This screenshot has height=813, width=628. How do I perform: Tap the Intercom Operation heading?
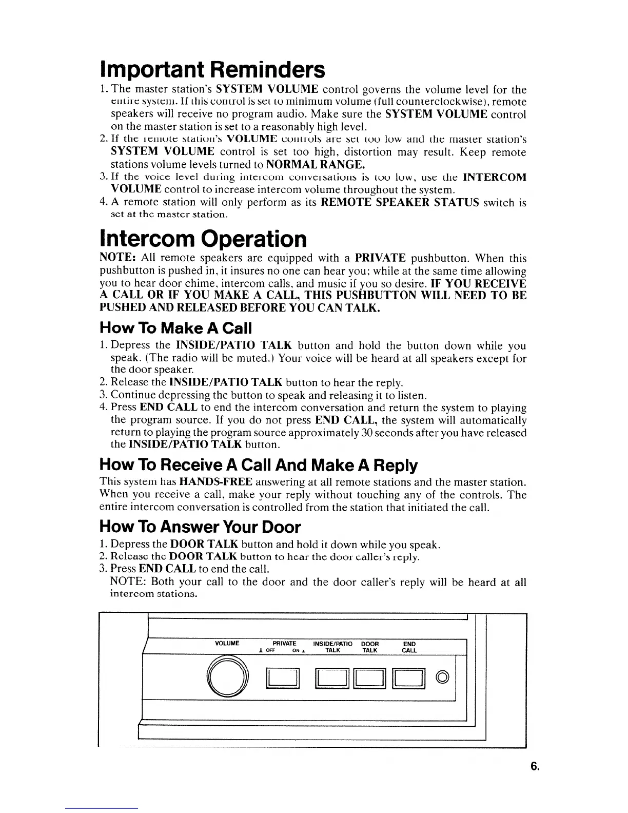pos(203,238)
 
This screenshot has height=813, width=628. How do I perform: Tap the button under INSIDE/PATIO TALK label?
pos(332,679)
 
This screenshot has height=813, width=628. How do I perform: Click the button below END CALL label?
pos(409,679)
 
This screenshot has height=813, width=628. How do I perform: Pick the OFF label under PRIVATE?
pos(271,651)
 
